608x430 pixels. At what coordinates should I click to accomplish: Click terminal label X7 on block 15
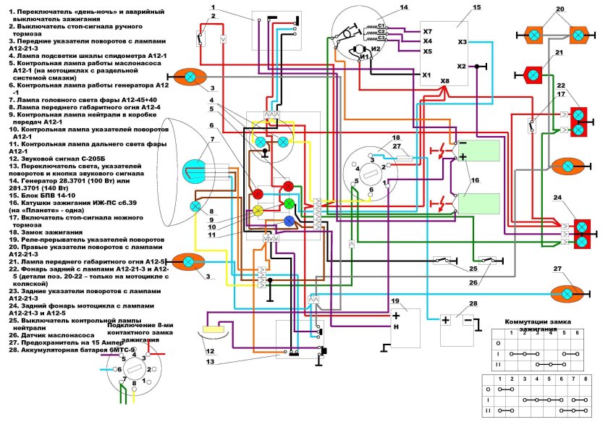[x=428, y=32]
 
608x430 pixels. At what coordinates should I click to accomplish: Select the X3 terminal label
[x=463, y=42]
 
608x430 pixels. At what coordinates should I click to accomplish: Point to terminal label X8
[x=444, y=80]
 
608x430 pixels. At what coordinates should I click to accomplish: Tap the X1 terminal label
[x=427, y=75]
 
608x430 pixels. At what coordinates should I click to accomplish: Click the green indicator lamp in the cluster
[x=289, y=203]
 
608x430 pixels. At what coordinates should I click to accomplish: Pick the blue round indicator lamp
[x=289, y=220]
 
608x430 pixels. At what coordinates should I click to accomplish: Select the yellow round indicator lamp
[x=257, y=211]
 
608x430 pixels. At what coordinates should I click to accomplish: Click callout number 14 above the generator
[x=404, y=7]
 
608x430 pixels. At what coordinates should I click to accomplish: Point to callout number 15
[x=476, y=7]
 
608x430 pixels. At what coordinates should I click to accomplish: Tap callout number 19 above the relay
[x=395, y=300]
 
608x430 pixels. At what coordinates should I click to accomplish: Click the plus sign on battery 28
[x=446, y=320]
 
